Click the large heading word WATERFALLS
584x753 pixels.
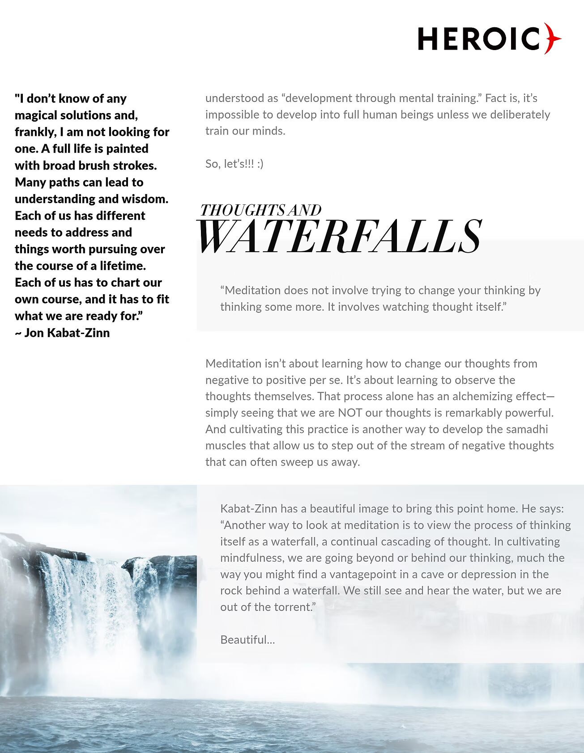pos(339,236)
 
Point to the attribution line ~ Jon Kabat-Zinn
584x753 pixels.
pos(62,333)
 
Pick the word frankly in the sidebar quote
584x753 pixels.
pos(32,132)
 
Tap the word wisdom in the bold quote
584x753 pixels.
pos(145,199)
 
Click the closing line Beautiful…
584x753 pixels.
pos(247,640)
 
